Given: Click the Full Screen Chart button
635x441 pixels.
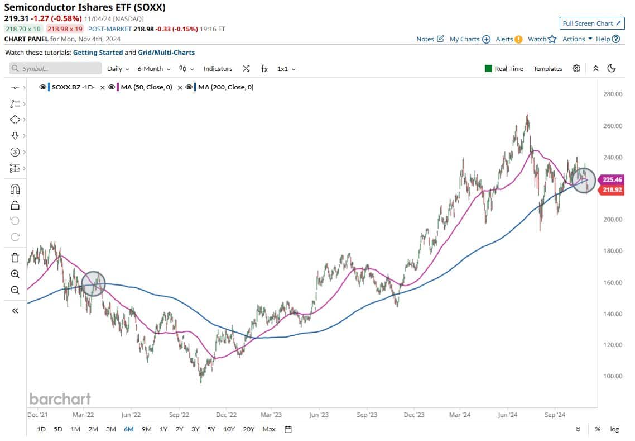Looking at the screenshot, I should tap(591, 23).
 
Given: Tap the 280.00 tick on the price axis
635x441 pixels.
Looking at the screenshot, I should tap(613, 94).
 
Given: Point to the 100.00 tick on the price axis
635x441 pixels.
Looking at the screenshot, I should tap(613, 376).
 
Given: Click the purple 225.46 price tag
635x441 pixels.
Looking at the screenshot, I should tap(611, 180).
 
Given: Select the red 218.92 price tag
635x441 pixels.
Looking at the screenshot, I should tap(611, 191).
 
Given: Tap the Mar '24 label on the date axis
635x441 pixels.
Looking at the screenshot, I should tap(459, 415).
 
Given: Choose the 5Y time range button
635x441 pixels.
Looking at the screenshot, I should tap(211, 429).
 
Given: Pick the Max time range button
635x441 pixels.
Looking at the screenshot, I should tap(268, 429).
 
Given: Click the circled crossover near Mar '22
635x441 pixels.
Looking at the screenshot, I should tap(93, 283).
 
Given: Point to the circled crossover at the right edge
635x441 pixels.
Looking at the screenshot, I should tap(584, 181).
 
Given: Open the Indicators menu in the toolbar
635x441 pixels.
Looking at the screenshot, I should tap(218, 69).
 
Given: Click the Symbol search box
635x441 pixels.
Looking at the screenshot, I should tap(56, 69).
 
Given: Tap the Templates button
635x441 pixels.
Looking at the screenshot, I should tap(547, 69).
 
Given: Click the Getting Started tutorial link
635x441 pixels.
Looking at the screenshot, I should tap(98, 53).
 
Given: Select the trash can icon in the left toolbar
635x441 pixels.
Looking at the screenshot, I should tap(15, 258).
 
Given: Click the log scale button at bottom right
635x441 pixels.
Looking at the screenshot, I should tap(614, 429).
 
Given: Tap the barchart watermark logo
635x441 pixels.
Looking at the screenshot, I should tap(60, 399).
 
